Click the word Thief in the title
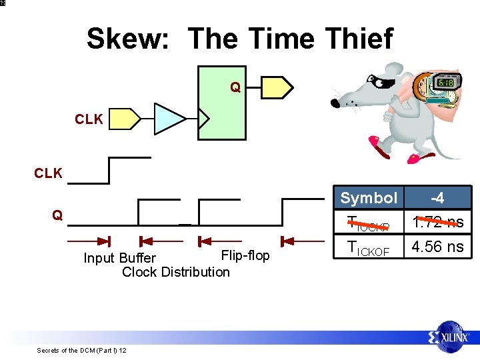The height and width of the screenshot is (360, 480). (359, 39)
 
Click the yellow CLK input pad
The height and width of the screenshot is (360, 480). (125, 119)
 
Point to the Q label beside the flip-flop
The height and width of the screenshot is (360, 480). (235, 87)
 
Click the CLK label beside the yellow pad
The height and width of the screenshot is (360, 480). (89, 119)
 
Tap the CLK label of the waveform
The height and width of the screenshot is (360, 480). (48, 173)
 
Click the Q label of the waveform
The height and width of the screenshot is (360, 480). (58, 215)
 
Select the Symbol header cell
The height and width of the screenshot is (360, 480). (369, 198)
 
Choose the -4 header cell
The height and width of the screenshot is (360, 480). (437, 198)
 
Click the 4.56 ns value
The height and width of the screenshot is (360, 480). (437, 246)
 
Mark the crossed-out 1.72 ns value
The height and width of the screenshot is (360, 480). (437, 222)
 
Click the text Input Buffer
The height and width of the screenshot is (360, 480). (119, 258)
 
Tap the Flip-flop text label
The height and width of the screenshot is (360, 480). (245, 255)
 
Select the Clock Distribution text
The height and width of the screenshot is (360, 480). (176, 271)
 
